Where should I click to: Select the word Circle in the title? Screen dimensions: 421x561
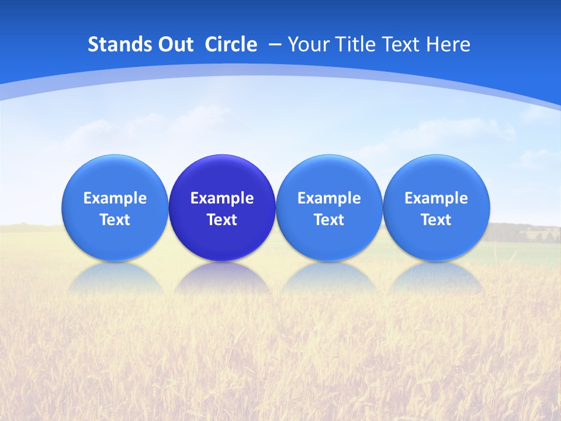point(231,44)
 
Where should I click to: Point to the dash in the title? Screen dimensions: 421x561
point(274,45)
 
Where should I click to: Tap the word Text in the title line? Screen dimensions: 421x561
point(402,44)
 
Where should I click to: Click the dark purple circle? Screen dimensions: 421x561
point(222,208)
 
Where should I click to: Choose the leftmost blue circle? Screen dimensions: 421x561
point(115,208)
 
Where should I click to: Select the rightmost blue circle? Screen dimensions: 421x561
point(436,208)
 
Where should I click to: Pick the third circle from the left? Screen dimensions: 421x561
point(329,208)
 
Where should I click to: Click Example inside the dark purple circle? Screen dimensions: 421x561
point(222,198)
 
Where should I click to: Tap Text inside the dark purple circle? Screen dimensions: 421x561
point(222,220)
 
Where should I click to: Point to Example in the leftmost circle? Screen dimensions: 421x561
point(115,198)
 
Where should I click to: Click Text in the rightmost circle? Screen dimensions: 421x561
point(436,220)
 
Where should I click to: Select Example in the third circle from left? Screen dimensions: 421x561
point(329,198)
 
